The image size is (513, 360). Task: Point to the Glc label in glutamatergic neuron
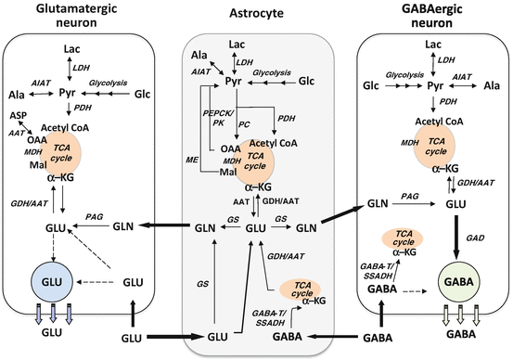[141, 94]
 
